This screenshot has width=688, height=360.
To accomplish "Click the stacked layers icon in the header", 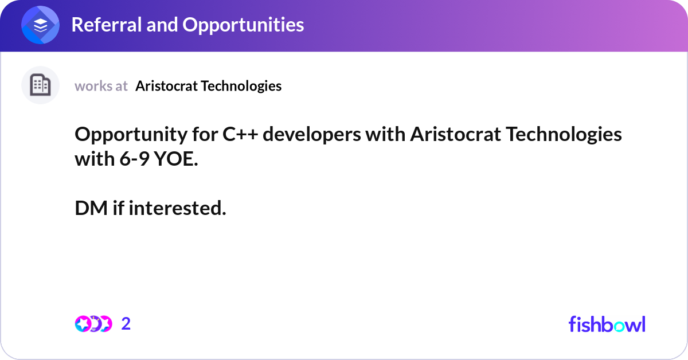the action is point(40,25).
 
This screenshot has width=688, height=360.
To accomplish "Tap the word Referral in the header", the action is point(107,25).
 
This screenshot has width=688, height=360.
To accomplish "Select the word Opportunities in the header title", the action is point(243,25).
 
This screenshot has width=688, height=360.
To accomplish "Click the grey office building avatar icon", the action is point(40,85).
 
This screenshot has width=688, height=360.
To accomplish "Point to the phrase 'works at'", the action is point(101,86).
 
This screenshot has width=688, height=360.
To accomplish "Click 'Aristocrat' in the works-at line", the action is point(167,86).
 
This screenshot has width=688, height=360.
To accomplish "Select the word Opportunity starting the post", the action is point(131,135).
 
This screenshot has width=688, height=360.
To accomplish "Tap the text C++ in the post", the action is point(240,134).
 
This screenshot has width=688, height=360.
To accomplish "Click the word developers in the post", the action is point(312,135).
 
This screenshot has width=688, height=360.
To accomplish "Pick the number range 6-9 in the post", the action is point(135,159).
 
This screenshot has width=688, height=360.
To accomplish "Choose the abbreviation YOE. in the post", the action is point(177,159).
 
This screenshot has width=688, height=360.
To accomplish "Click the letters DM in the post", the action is point(91,208).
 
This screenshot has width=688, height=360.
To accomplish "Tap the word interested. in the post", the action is point(177,208).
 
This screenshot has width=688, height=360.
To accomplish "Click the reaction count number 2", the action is point(126,324).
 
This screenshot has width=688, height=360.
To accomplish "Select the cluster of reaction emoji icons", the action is point(93,324).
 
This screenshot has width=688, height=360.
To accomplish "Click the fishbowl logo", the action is point(607,324).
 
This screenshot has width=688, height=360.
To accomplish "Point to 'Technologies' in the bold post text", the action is point(564,135).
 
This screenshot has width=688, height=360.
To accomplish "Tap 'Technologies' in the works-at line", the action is point(241,86).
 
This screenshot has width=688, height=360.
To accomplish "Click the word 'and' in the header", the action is point(162,25).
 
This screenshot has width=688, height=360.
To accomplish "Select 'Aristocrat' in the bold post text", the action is point(456,134).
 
